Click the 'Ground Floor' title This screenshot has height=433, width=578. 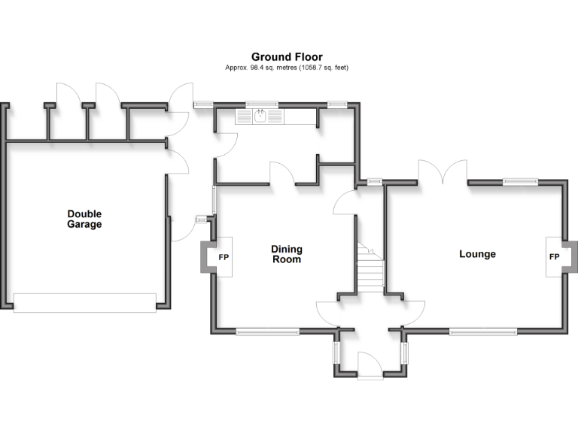287,57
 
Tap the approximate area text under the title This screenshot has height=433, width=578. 287,68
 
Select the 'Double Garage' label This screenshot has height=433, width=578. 84,219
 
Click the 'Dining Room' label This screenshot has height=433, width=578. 286,254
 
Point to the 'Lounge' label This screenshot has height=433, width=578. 477,254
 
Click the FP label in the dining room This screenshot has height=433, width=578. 224,257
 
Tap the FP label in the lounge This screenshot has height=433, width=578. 555,257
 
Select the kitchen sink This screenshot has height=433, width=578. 260,116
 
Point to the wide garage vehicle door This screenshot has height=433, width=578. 85,302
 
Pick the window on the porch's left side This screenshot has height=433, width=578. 336,352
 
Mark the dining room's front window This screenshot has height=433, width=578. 267,331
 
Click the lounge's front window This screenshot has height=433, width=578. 482,331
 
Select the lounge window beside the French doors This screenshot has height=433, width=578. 521,180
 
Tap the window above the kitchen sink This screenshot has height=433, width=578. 262,104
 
